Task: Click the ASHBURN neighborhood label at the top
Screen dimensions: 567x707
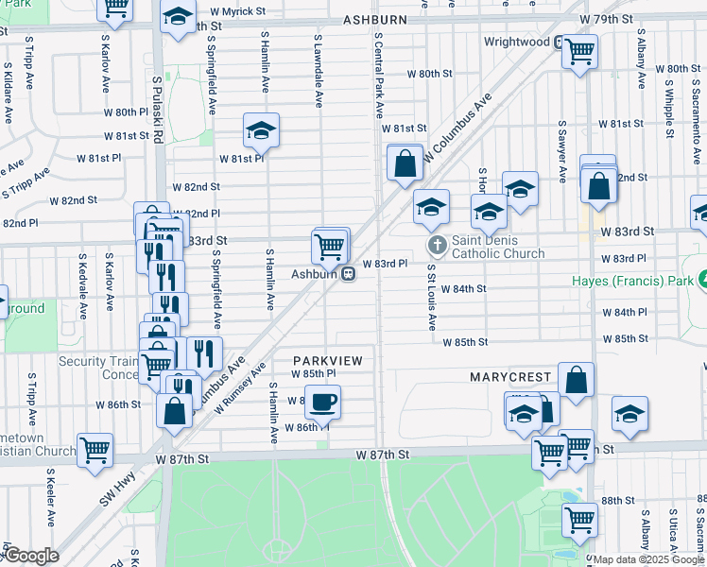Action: tap(374, 20)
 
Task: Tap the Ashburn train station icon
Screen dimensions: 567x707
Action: tap(349, 274)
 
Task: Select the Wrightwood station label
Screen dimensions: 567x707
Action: tap(516, 43)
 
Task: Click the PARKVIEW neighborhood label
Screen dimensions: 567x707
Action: tap(327, 361)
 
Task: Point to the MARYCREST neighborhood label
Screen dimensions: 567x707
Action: tap(510, 377)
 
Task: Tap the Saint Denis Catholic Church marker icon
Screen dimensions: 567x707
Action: tap(437, 246)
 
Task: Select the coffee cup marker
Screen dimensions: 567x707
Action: tap(322, 403)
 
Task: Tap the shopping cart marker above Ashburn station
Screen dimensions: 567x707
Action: tap(330, 247)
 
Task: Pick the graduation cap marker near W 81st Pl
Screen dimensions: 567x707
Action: tap(261, 131)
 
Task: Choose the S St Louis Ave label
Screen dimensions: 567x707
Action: tap(430, 297)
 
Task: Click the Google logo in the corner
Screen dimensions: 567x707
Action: tap(32, 556)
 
